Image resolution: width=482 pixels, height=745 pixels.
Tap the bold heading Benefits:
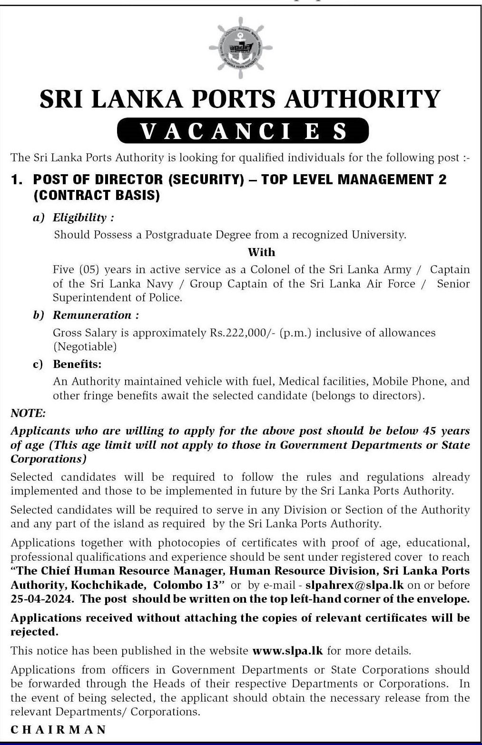(77, 364)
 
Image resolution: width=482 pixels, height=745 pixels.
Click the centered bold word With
(261, 252)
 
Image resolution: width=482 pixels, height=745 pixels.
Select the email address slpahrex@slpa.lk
(354, 585)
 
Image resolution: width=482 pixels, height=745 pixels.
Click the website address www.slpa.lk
(287, 651)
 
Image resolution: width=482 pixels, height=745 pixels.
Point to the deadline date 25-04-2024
(42, 599)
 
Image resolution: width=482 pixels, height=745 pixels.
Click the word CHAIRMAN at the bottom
(59, 729)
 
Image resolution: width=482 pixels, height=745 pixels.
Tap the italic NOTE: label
(28, 413)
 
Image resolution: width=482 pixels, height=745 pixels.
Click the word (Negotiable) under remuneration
(84, 347)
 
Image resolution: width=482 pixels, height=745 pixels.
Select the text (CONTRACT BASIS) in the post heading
(96, 195)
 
